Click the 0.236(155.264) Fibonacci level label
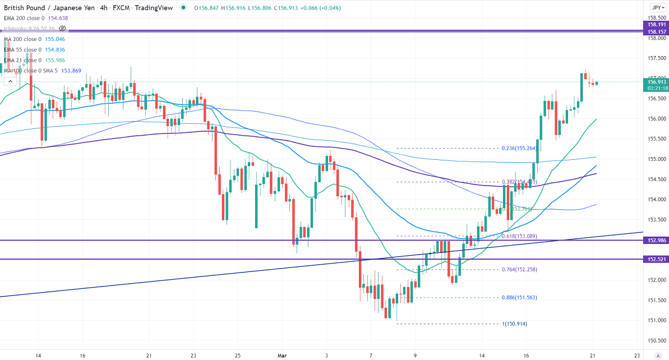[x=520, y=149]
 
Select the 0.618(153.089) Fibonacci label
[x=520, y=236]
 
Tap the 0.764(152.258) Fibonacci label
[x=520, y=270]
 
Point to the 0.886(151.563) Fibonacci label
[x=520, y=298]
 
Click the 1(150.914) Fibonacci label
[x=514, y=324]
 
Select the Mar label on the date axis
[x=282, y=356]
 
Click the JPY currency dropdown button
[x=657, y=8]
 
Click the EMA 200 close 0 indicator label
[x=22, y=18]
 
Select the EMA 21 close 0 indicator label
[x=22, y=60]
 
